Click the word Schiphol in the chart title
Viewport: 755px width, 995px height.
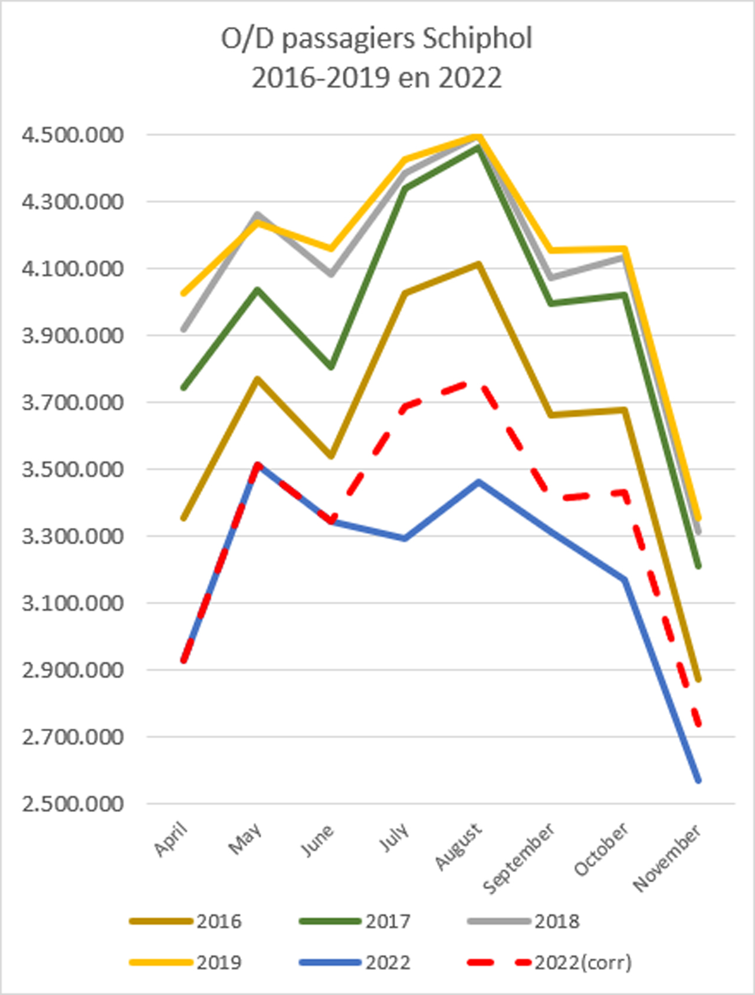click(477, 40)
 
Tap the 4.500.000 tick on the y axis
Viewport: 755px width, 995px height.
click(73, 135)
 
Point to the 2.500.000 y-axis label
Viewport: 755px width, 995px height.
click(73, 804)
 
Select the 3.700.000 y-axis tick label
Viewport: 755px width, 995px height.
click(73, 403)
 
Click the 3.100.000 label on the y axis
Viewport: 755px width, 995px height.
click(73, 603)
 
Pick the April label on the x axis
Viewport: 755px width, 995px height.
click(170, 839)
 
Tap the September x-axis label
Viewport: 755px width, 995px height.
click(518, 858)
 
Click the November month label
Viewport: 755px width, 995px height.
click(667, 858)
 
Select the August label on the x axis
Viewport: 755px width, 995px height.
click(458, 847)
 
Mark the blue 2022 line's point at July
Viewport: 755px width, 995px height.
click(405, 538)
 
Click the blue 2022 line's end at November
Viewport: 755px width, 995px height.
click(698, 780)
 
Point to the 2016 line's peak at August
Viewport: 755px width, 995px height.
click(478, 264)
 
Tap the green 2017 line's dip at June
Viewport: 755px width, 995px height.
click(331, 367)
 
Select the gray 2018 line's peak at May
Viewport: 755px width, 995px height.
click(257, 214)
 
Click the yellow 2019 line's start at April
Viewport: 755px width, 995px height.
click(184, 293)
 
